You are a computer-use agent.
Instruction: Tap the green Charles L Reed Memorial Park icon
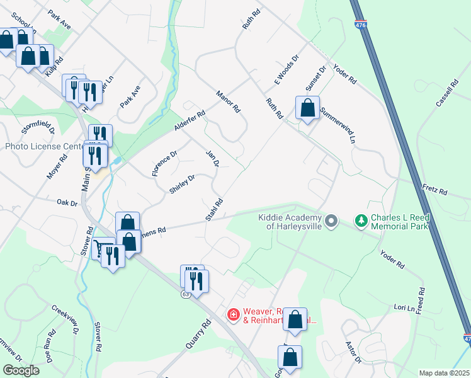(361, 220)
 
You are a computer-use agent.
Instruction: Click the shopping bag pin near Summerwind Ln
(307, 108)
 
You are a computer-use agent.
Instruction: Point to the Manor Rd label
(228, 101)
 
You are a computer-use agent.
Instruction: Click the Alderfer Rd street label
(190, 122)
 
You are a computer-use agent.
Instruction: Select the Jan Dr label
(212, 159)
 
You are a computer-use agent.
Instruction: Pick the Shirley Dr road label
(182, 183)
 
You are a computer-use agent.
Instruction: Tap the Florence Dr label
(166, 163)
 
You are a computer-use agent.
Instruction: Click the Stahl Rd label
(214, 210)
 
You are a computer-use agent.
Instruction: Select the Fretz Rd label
(434, 190)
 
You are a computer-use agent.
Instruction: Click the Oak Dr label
(66, 203)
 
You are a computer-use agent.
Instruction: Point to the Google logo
(21, 370)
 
